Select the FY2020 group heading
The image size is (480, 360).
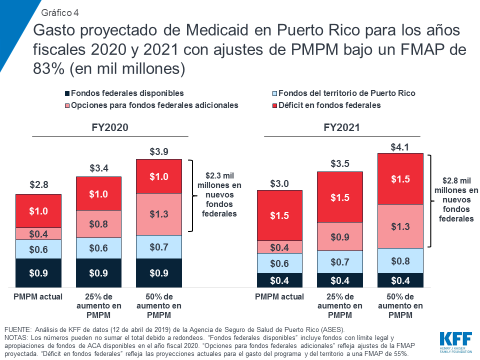(110, 127)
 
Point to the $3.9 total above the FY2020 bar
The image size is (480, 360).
(159, 151)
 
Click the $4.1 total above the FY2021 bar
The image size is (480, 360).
(400, 146)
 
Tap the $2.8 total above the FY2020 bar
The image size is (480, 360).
(38, 185)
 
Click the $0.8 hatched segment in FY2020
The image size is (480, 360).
(98, 224)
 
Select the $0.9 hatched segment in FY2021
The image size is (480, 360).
(340, 236)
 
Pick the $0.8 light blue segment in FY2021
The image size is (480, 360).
(400, 260)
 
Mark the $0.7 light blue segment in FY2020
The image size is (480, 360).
(159, 246)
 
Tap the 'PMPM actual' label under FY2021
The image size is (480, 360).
(279, 296)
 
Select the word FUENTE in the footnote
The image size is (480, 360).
(16, 330)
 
